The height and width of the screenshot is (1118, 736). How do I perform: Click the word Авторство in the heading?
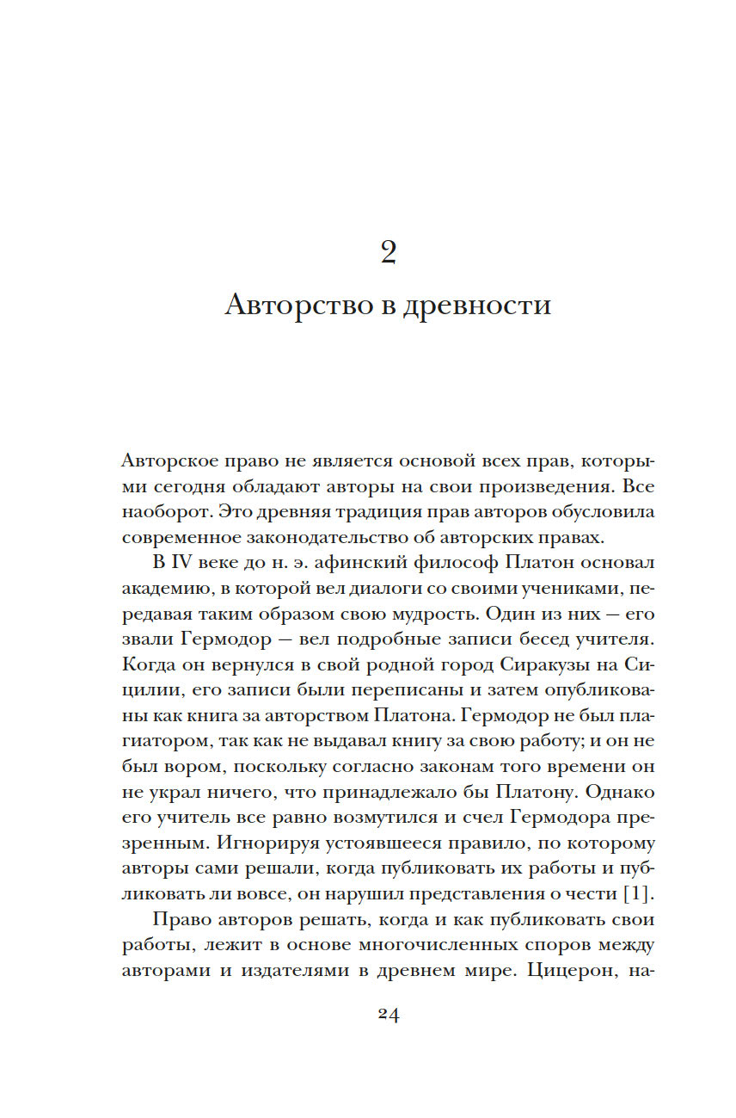point(285,306)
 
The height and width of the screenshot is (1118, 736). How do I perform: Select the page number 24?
point(388,1014)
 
